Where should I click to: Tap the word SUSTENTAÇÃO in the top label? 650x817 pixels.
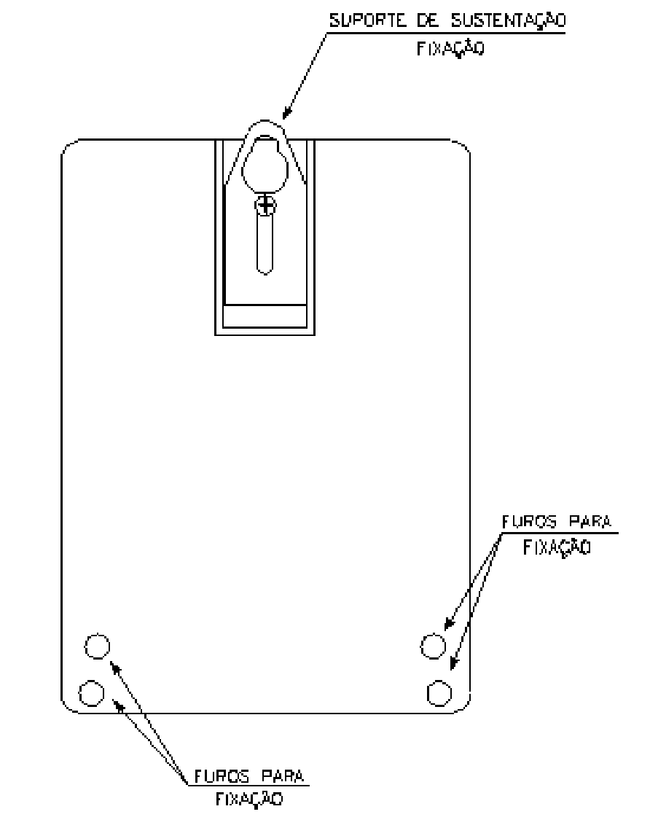tap(508, 21)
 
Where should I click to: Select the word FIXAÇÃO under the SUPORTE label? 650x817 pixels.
tap(450, 48)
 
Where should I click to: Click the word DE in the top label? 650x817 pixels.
tap(428, 21)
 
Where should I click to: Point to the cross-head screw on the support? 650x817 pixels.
tap(266, 206)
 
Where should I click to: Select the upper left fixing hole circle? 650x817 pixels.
tap(98, 646)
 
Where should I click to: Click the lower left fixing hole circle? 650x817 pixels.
tap(92, 693)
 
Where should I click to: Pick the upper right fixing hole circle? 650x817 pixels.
tap(434, 646)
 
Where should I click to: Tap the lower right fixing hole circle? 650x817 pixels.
tap(439, 693)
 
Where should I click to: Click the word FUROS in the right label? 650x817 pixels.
tap(529, 522)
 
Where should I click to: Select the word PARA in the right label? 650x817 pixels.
tap(590, 522)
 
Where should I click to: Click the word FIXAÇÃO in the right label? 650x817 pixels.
tap(557, 547)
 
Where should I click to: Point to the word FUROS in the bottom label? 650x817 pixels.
tap(222, 776)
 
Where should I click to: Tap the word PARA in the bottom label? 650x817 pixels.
tap(282, 776)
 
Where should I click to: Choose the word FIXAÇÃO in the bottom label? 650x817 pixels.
tap(249, 800)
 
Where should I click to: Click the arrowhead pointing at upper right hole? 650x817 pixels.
tap(449, 623)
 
